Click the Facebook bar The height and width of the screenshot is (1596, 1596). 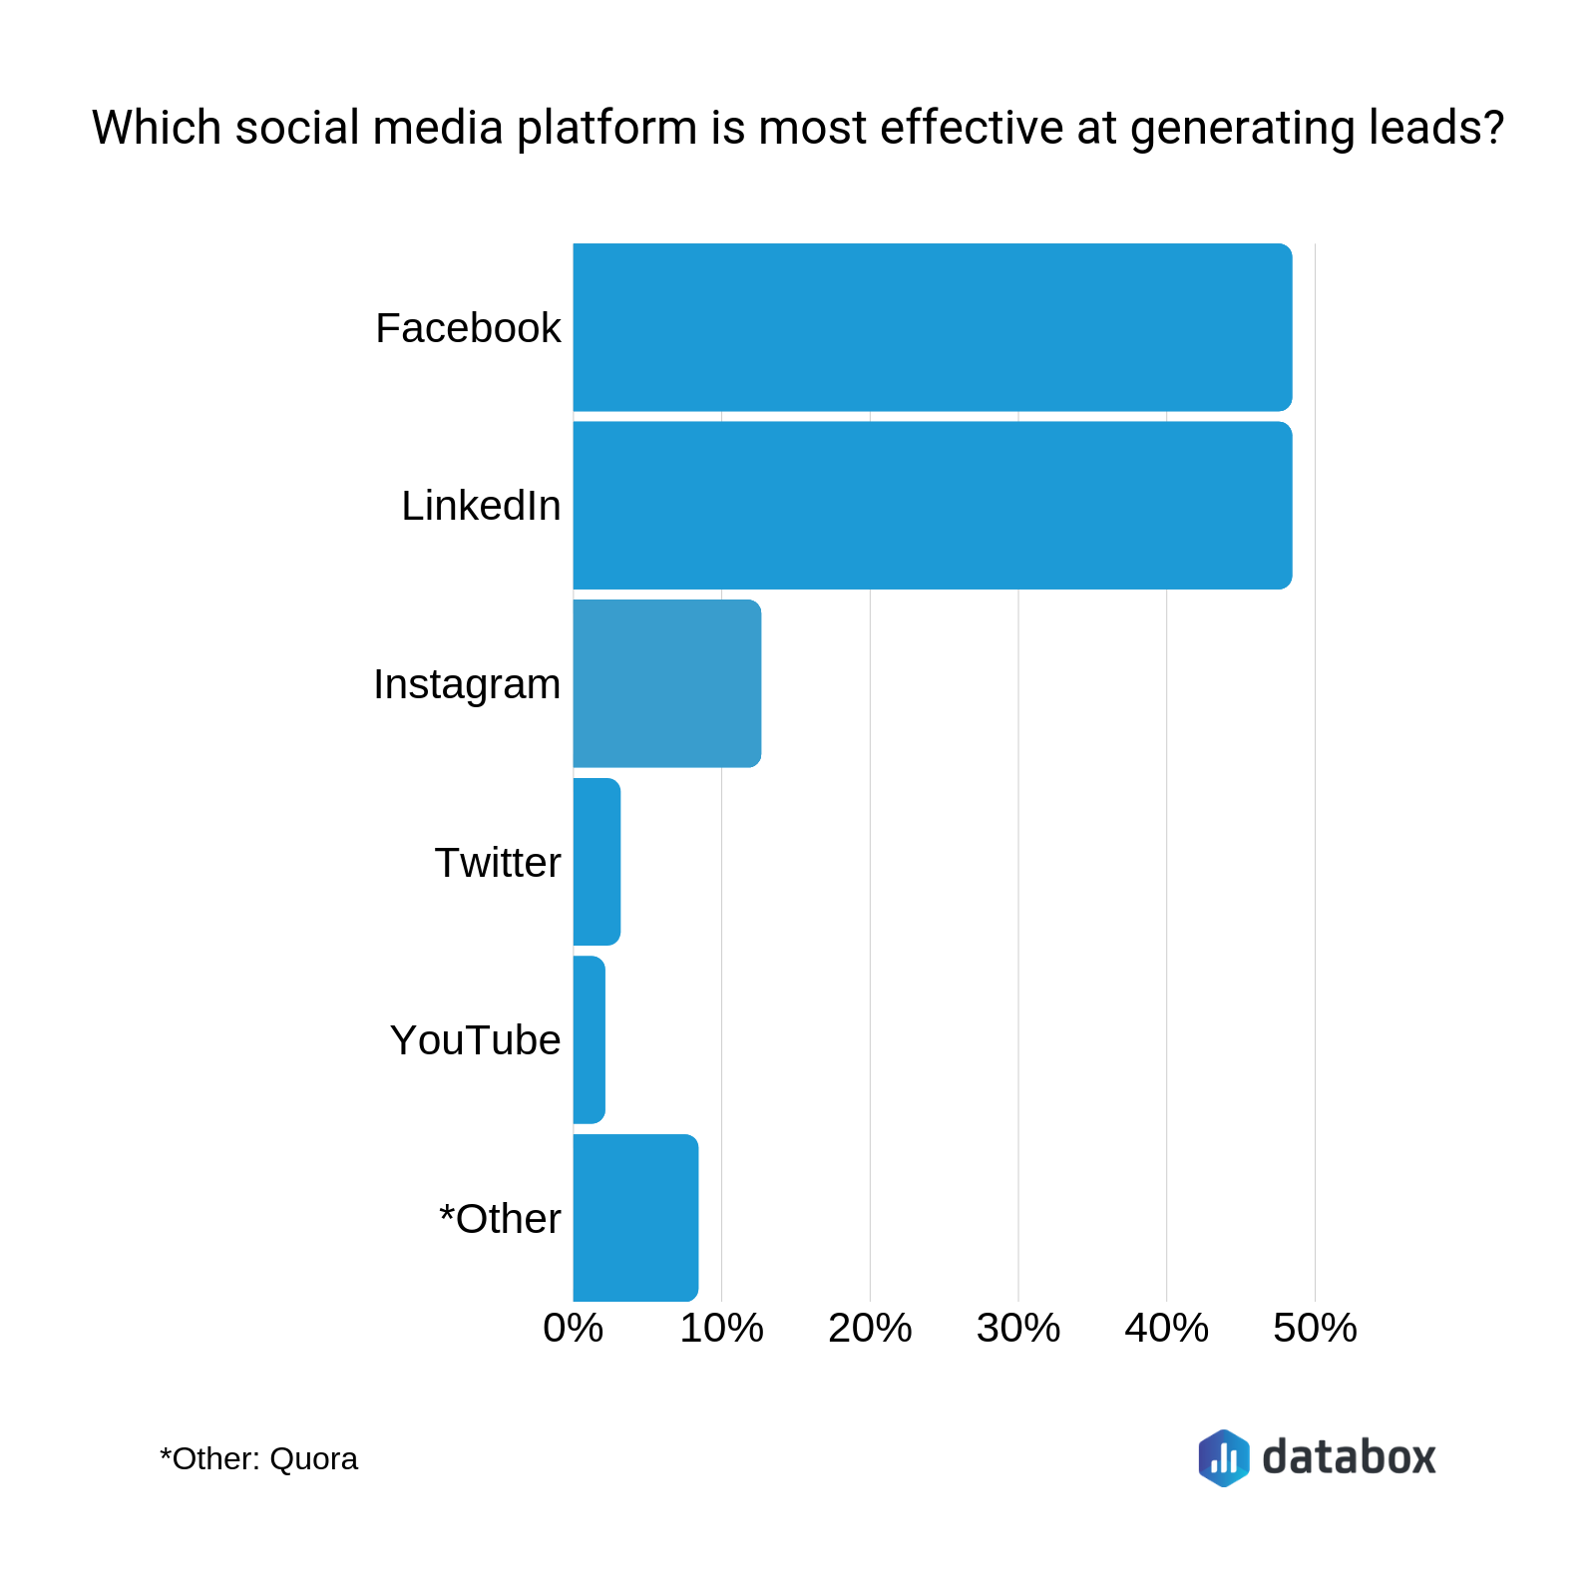click(x=933, y=327)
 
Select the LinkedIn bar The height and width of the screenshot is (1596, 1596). click(x=933, y=506)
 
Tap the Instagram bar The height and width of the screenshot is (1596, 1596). click(x=666, y=684)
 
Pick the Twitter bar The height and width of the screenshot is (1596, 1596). click(x=597, y=862)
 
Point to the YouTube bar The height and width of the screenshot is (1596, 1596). click(x=589, y=1040)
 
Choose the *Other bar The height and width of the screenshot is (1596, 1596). click(x=635, y=1218)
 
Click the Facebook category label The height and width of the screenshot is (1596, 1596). click(x=468, y=328)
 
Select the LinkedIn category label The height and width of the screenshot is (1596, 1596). click(x=481, y=506)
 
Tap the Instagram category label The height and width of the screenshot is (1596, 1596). click(x=467, y=684)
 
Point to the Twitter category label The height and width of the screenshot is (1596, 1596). click(x=498, y=863)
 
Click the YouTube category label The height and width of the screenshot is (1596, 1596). click(x=475, y=1040)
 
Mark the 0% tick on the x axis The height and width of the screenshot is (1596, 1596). click(x=574, y=1329)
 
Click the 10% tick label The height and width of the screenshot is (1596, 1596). click(x=721, y=1329)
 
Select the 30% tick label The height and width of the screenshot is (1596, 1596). click(x=1017, y=1329)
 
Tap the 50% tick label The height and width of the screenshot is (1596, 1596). click(x=1315, y=1329)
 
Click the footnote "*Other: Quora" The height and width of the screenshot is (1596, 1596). click(x=258, y=1459)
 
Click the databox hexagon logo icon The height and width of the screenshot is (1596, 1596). click(x=1224, y=1458)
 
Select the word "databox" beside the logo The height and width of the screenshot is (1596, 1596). click(x=1349, y=1457)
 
